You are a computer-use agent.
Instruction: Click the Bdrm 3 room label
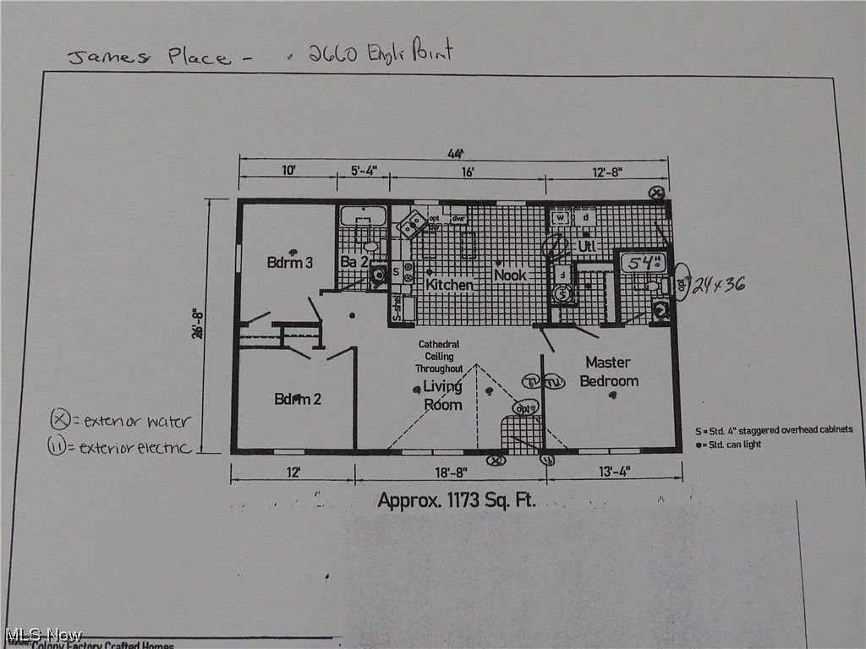pyautogui.click(x=290, y=262)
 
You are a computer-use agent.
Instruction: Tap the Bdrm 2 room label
pyautogui.click(x=298, y=399)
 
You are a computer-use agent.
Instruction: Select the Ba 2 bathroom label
pyautogui.click(x=355, y=262)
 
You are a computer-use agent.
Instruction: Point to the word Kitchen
pyautogui.click(x=449, y=285)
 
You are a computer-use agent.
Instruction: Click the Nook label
pyautogui.click(x=510, y=275)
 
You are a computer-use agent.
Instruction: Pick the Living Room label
pyautogui.click(x=443, y=395)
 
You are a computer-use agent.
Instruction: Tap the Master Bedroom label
pyautogui.click(x=608, y=372)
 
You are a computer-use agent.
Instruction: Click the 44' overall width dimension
pyautogui.click(x=457, y=154)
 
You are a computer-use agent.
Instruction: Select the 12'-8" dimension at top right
pyautogui.click(x=606, y=172)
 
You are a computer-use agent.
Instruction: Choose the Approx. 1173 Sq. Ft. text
pyautogui.click(x=457, y=499)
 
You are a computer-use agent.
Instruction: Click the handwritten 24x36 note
pyautogui.click(x=718, y=285)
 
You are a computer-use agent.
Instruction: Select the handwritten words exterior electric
pyautogui.click(x=135, y=447)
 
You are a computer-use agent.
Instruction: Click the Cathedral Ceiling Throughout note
pyautogui.click(x=439, y=357)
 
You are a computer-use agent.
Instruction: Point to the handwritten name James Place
pyautogui.click(x=148, y=57)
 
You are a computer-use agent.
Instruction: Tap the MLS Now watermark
pyautogui.click(x=44, y=634)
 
